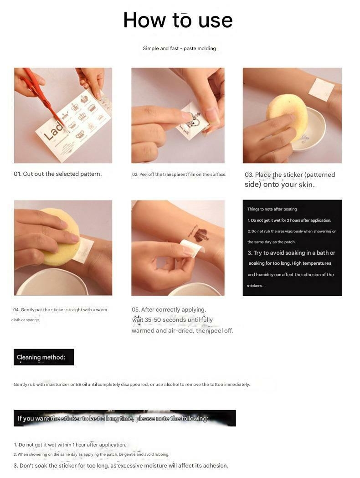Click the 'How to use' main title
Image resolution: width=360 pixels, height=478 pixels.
pyautogui.click(x=178, y=21)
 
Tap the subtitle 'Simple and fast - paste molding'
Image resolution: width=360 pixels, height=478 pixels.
pyautogui.click(x=179, y=48)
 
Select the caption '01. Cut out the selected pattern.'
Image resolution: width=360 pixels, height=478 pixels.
pyautogui.click(x=57, y=174)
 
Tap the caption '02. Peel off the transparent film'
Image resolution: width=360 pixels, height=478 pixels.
pyautogui.click(x=179, y=175)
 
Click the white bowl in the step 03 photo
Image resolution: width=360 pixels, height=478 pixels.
pyautogui.click(x=308, y=131)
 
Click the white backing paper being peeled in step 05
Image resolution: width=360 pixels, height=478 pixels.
pyautogui.click(x=192, y=247)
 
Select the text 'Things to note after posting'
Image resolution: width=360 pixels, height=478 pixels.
pyautogui.click(x=272, y=209)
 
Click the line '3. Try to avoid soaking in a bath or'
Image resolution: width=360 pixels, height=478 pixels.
pyautogui.click(x=291, y=253)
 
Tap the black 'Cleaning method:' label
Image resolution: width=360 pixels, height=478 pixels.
pyautogui.click(x=44, y=357)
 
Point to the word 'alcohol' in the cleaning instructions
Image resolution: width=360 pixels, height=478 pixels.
pyautogui.click(x=171, y=385)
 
